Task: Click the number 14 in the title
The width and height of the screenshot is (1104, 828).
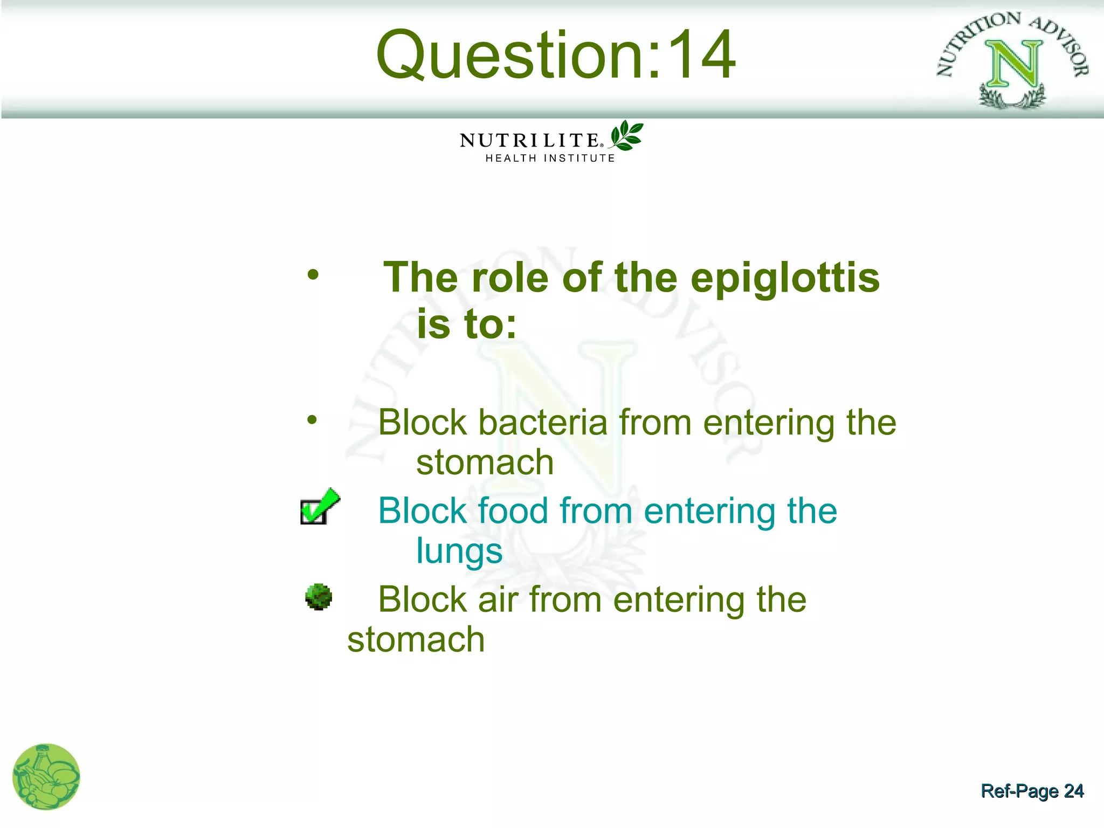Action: coord(701,55)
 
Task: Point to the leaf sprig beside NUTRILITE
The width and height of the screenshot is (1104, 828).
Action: coord(626,135)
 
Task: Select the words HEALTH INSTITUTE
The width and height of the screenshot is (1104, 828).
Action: coord(550,158)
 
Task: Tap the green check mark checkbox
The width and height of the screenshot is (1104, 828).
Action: coord(319,507)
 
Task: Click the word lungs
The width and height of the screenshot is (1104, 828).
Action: coord(459,551)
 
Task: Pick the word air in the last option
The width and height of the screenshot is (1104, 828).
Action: coord(498,599)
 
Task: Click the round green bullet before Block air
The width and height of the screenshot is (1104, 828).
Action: coord(319,597)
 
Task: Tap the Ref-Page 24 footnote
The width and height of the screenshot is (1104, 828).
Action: coord(1032,791)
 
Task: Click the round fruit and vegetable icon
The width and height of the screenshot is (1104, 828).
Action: coord(46,776)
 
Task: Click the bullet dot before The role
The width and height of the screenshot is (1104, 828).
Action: coord(313,275)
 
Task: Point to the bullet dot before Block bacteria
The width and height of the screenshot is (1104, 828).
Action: coord(312,420)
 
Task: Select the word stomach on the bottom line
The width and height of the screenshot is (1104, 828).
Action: coord(416,640)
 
